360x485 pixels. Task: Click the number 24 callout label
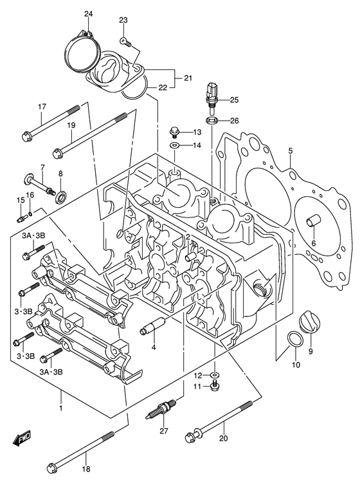[x=88, y=14]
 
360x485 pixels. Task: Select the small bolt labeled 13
[x=174, y=133]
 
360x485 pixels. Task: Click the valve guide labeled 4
[x=151, y=330]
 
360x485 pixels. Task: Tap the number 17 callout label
[x=42, y=107]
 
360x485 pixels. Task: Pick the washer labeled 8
[x=61, y=195]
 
